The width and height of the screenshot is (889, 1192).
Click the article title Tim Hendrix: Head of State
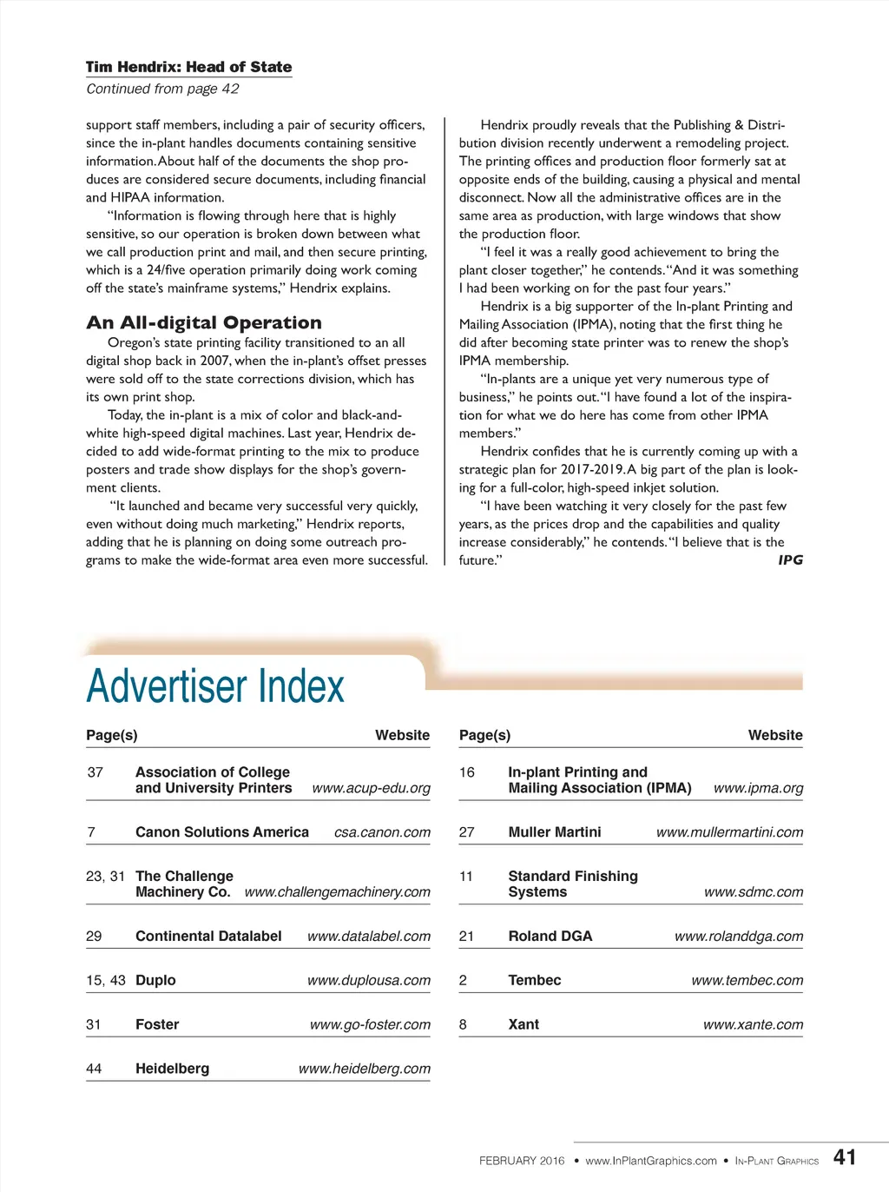pyautogui.click(x=188, y=67)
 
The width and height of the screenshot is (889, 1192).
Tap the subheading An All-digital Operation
pyautogui.click(x=204, y=322)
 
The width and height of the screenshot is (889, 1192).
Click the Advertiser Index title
pyautogui.click(x=215, y=686)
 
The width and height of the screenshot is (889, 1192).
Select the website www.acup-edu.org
pyautogui.click(x=371, y=788)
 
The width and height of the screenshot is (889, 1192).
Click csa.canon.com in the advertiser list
pyautogui.click(x=382, y=832)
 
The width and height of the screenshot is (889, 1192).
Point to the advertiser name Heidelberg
pyautogui.click(x=172, y=1069)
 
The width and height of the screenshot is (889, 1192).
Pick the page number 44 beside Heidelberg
pyautogui.click(x=94, y=1069)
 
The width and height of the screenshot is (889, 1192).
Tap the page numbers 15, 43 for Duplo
pyautogui.click(x=106, y=980)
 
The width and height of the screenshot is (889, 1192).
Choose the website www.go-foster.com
pyautogui.click(x=370, y=1024)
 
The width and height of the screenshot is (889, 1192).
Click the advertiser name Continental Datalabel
pyautogui.click(x=208, y=936)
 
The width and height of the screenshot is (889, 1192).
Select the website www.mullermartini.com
pyautogui.click(x=729, y=832)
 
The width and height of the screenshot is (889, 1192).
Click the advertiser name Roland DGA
pyautogui.click(x=550, y=936)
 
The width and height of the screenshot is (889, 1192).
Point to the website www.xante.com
pyautogui.click(x=753, y=1024)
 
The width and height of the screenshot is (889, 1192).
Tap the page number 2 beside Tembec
pyautogui.click(x=463, y=980)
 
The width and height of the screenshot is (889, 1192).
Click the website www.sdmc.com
pyautogui.click(x=753, y=892)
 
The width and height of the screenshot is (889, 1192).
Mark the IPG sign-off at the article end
pyautogui.click(x=790, y=560)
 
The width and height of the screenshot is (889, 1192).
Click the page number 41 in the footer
pyautogui.click(x=844, y=1157)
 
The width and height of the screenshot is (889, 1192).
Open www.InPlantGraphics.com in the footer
pyautogui.click(x=651, y=1161)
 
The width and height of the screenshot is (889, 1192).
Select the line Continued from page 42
pyautogui.click(x=162, y=89)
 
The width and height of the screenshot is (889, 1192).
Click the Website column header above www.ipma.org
pyautogui.click(x=775, y=735)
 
